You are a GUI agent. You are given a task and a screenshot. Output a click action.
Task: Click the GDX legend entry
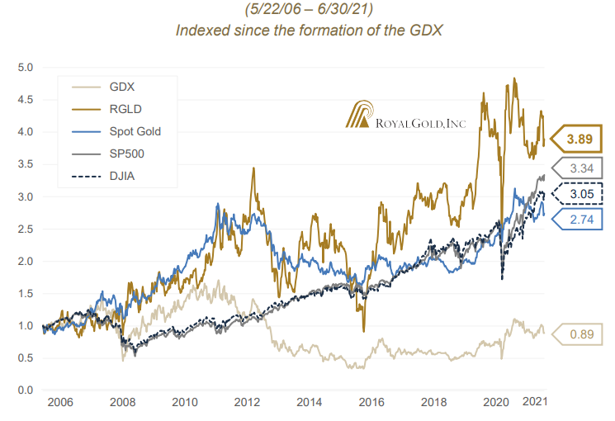point(124,87)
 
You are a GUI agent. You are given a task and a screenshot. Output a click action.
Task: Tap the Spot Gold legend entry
point(135,131)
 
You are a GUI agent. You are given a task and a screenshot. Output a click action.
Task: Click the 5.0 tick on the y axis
point(26,67)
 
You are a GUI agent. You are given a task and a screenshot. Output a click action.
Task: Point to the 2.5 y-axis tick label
point(26,229)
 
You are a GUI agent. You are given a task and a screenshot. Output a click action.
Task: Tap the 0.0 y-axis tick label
point(26,390)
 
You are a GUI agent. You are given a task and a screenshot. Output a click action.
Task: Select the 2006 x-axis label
point(59,402)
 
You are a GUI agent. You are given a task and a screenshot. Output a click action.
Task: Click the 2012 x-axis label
point(247,402)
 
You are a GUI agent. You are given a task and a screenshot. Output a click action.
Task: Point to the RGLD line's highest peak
point(515,79)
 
